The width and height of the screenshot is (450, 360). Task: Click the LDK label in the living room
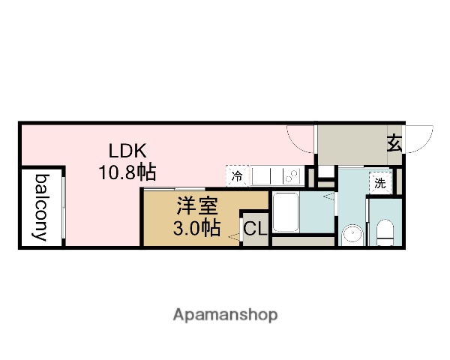126,150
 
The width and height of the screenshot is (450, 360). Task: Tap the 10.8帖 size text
126,172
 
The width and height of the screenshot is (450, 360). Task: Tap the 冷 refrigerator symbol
237,177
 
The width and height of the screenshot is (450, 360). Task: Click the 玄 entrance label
394,142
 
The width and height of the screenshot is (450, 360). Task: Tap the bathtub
285,213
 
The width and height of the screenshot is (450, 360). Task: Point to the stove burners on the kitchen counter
291,176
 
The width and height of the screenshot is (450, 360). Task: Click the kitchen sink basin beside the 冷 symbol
262,176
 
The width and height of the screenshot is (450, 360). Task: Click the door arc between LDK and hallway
301,138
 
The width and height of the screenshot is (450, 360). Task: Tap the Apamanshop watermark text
225,314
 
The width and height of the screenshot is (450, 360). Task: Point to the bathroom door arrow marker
327,197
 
